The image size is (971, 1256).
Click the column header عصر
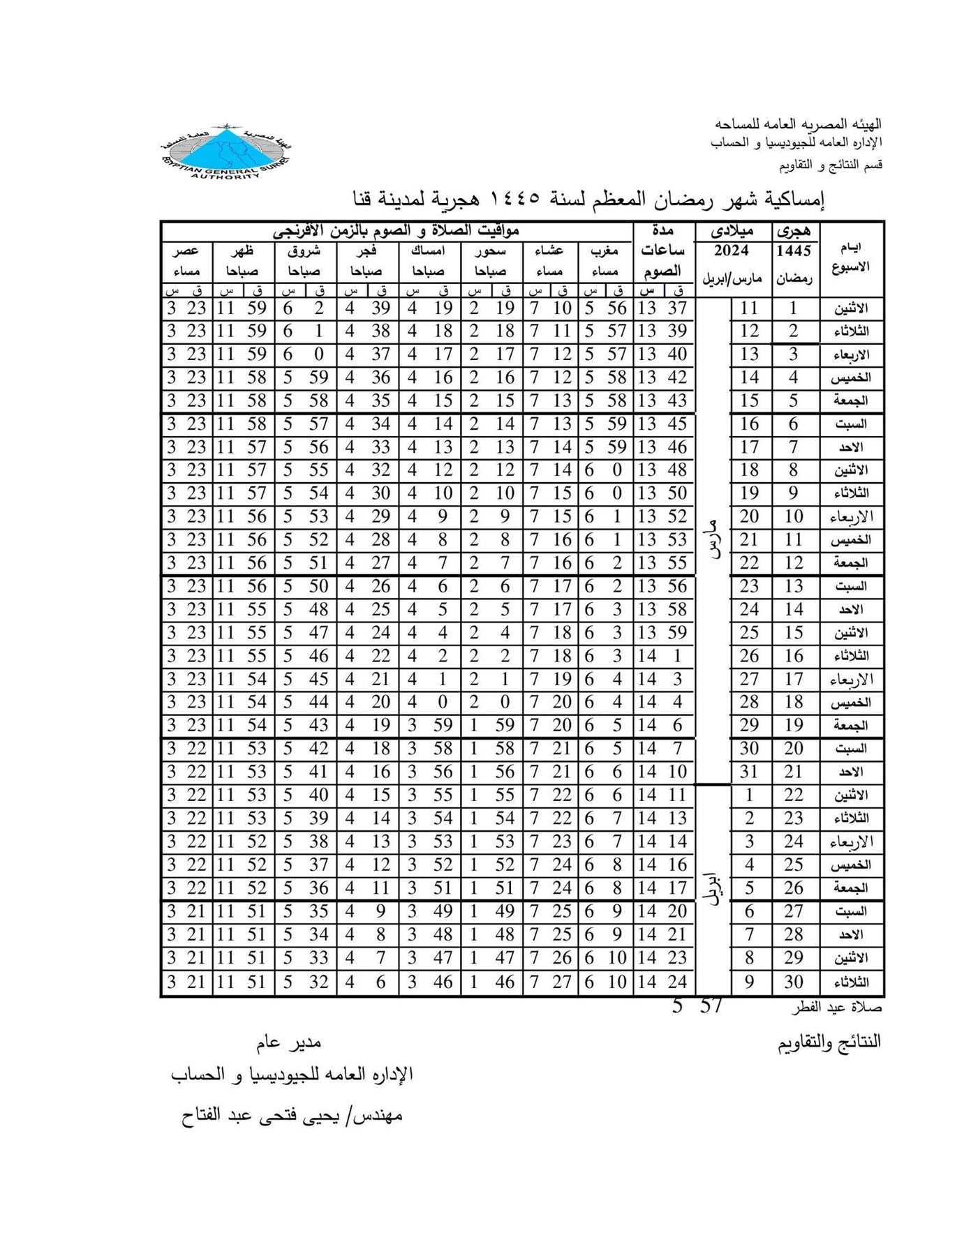pos(188,251)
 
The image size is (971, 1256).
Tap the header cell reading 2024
pos(732,251)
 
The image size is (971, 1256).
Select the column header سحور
pos(491,251)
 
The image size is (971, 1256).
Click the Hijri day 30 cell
pos(794,982)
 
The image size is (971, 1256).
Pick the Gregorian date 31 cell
pos(749,772)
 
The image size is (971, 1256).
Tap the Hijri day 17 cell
pos(794,679)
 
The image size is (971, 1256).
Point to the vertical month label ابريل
pos(713,888)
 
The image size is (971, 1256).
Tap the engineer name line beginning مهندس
pos(292,1115)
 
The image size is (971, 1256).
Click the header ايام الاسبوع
pos(852,257)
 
